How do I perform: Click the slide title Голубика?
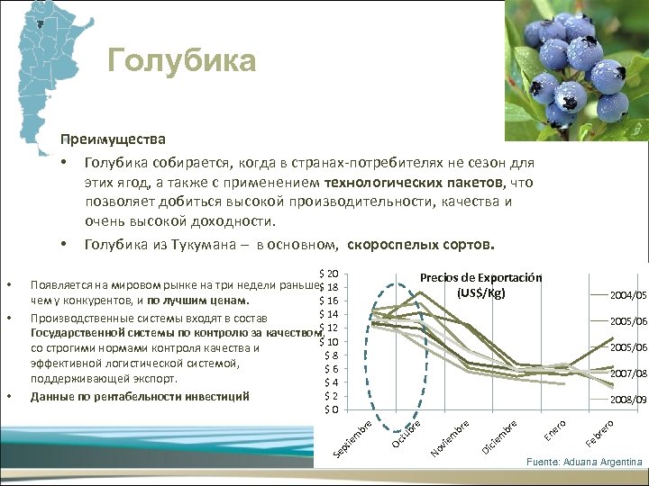(181, 60)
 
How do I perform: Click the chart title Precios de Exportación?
(480, 277)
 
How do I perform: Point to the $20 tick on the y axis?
(328, 274)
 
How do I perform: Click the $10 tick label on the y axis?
(328, 342)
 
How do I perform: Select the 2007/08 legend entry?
(627, 373)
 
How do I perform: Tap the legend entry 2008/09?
(627, 399)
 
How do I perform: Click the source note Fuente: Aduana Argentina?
(584, 462)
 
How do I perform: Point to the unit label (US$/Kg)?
(480, 293)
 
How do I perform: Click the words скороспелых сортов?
(420, 244)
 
